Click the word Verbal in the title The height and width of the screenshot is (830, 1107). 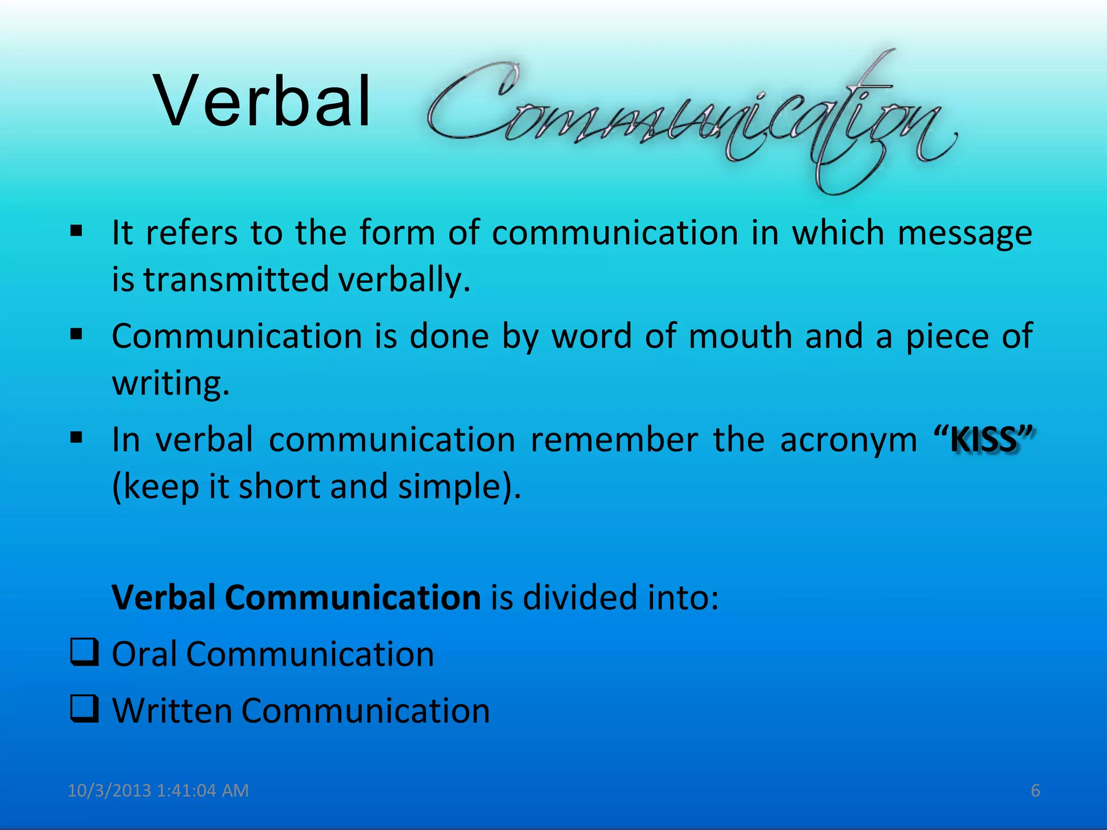[x=263, y=102]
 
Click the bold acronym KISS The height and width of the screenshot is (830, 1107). [x=984, y=440]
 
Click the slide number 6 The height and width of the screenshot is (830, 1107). [x=1035, y=791]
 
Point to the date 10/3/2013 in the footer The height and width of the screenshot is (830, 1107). [x=109, y=791]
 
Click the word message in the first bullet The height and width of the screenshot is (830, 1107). [x=964, y=233]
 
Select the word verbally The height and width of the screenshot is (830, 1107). [x=404, y=280]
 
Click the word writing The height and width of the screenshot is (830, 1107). [x=171, y=383]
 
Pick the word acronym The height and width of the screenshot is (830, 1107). [x=849, y=440]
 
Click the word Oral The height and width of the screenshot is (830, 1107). [x=144, y=654]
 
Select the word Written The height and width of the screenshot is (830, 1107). [x=172, y=711]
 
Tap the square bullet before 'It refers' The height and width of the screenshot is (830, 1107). [x=76, y=231]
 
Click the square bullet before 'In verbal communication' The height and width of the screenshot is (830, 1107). [x=76, y=436]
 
